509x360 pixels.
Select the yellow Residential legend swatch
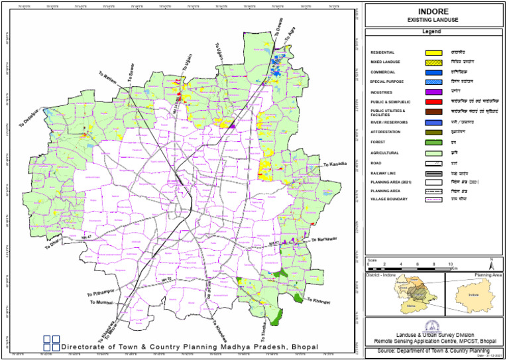[434, 52]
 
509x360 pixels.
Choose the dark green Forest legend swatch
[434, 143]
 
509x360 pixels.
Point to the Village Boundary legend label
[391, 198]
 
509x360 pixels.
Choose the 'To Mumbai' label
[102, 302]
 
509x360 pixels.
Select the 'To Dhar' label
[54, 243]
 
